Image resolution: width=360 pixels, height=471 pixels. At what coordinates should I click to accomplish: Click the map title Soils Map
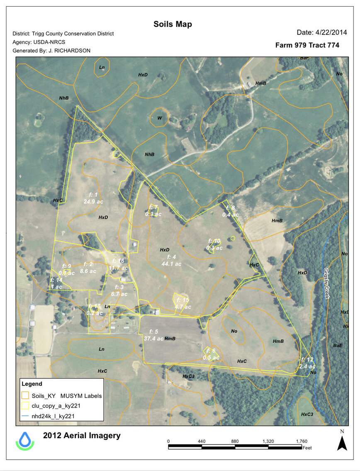tap(173, 24)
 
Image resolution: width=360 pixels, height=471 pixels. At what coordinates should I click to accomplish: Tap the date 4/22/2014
tap(318, 32)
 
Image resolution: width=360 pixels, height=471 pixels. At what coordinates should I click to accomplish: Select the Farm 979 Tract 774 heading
tap(307, 45)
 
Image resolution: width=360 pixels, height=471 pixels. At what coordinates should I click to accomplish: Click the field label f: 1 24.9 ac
tap(93, 198)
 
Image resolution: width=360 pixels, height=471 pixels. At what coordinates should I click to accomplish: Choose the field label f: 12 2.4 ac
tap(307, 363)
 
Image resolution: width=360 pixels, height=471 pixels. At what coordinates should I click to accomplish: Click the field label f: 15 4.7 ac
tap(183, 303)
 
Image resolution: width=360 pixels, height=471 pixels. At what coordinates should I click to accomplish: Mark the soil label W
tap(159, 118)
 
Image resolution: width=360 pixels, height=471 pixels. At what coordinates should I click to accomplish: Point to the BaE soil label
tap(338, 345)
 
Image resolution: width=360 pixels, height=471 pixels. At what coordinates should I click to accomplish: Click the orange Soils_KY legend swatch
tap(26, 395)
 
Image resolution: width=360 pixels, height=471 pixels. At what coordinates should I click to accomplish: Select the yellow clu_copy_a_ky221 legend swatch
tap(26, 405)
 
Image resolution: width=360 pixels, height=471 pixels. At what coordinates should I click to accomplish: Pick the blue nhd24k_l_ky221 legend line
tap(26, 415)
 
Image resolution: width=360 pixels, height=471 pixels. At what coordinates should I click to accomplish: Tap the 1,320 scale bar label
tap(269, 441)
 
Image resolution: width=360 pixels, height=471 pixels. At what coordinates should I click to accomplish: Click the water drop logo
tap(25, 440)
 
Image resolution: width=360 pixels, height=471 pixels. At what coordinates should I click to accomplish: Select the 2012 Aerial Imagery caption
tap(82, 435)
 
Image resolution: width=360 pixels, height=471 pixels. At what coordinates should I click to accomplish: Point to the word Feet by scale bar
tap(307, 448)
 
